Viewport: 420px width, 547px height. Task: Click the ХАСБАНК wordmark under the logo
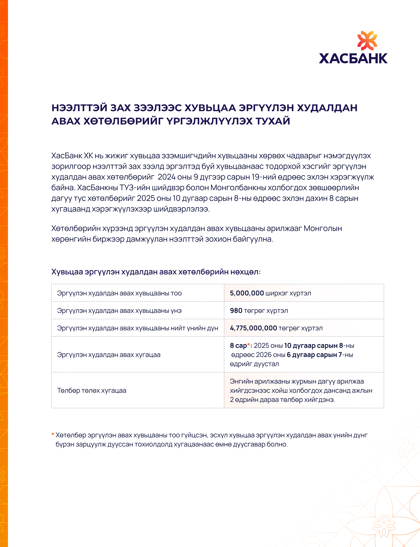353,59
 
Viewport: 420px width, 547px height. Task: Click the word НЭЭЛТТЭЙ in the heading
79,108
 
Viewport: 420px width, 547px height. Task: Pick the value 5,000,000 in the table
247,293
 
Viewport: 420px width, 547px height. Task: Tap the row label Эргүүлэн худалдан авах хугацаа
109,355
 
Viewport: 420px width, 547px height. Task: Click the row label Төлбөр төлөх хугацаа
91,391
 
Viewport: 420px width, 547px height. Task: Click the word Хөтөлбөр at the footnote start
69,435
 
